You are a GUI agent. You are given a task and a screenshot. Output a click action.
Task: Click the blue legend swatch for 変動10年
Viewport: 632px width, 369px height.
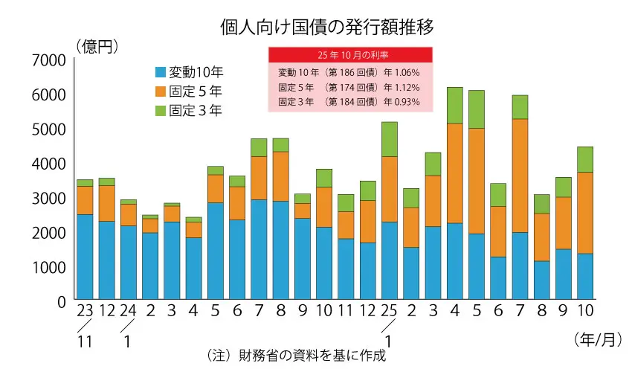click(x=160, y=73)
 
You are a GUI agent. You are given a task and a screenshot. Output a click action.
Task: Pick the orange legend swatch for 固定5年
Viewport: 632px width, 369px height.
click(x=160, y=92)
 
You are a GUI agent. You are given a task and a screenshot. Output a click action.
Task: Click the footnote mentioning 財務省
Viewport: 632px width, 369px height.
click(x=296, y=355)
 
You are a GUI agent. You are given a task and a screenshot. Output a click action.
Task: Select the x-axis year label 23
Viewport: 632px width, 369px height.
click(x=85, y=310)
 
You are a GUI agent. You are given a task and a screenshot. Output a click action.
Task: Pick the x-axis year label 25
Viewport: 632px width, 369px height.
click(x=390, y=310)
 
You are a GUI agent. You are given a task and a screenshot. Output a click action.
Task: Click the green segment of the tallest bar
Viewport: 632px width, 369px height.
click(x=455, y=105)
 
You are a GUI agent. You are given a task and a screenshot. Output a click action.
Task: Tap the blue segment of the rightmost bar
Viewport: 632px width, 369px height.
click(x=585, y=276)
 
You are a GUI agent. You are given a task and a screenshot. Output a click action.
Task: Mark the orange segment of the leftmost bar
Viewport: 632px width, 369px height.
click(x=85, y=200)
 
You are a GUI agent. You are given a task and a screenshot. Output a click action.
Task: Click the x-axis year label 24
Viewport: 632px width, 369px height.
click(x=128, y=310)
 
